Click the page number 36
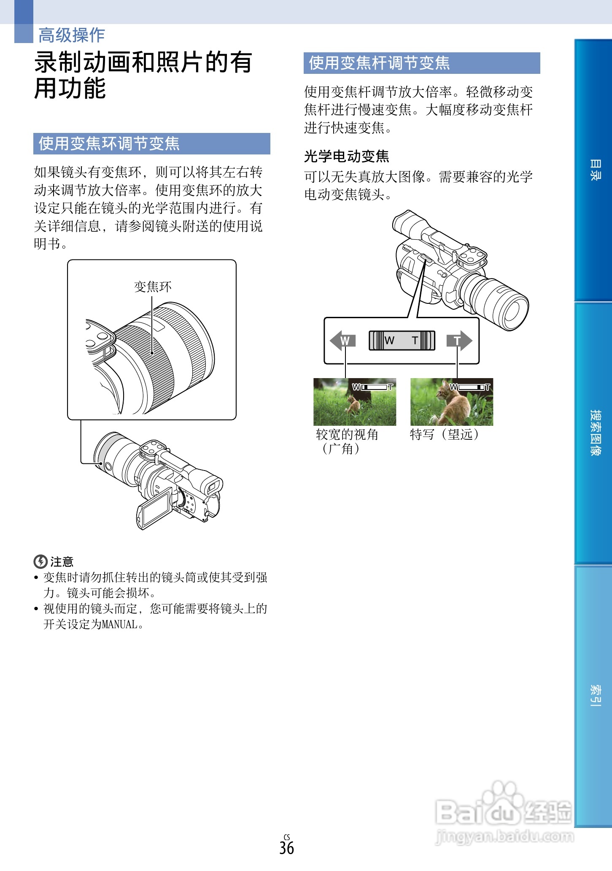[x=286, y=848]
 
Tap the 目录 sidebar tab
[x=594, y=170]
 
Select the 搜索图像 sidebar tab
[x=594, y=433]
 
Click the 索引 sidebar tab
[x=594, y=695]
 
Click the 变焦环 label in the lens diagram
[x=153, y=287]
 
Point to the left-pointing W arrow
[x=342, y=341]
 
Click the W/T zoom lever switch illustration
[x=402, y=341]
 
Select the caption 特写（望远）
[x=445, y=434]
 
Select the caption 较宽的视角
[x=347, y=434]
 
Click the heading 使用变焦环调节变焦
[x=109, y=143]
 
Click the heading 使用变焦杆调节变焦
[x=379, y=63]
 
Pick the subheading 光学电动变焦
[x=346, y=156]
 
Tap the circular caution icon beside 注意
[x=40, y=562]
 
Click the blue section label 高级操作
[x=71, y=35]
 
